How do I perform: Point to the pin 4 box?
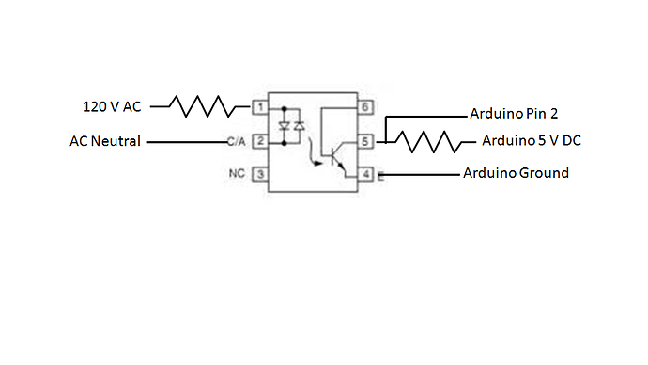[x=366, y=175]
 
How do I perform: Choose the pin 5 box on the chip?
[x=366, y=141]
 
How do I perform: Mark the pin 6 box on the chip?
[x=366, y=107]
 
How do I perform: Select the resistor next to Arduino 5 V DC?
[x=427, y=142]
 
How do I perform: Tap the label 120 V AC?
[x=112, y=107]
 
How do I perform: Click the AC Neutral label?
[x=104, y=142]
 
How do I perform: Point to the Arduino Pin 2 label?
[x=514, y=113]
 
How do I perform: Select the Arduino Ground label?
[x=516, y=173]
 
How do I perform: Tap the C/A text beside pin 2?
[x=236, y=142]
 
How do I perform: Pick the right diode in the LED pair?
[x=300, y=124]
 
